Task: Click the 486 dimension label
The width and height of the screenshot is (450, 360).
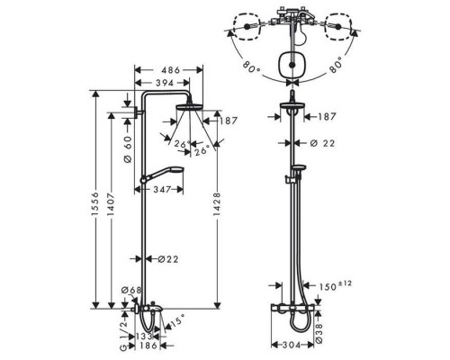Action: (170, 70)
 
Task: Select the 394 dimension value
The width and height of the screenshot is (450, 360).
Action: (165, 83)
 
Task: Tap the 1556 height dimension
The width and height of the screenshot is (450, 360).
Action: (95, 203)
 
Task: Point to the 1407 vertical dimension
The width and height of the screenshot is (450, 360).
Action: (111, 203)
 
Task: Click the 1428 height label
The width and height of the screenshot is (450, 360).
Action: (216, 203)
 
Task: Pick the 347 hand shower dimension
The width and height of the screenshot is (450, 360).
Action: (162, 190)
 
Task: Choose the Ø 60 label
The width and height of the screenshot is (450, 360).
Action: (128, 149)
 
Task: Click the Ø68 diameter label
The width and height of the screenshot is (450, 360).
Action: (131, 290)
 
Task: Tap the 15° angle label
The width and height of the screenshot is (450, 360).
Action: (176, 322)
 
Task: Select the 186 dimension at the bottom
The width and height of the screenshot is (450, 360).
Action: (148, 346)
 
